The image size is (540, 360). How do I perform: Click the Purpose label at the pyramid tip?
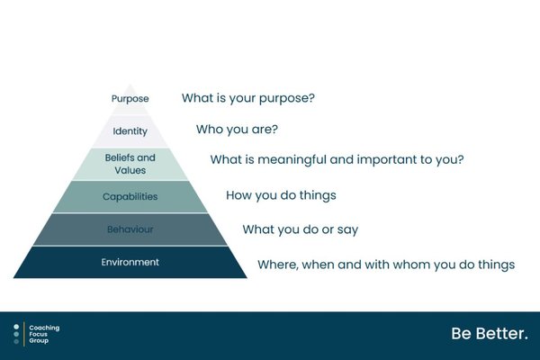(x=130, y=99)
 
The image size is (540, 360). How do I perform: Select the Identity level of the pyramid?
(x=130, y=131)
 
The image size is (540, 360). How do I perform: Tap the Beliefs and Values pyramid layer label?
(x=130, y=164)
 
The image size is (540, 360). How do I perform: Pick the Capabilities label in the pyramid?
(x=130, y=197)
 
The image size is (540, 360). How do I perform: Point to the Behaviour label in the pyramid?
(x=130, y=229)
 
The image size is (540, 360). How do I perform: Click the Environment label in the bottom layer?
(x=130, y=262)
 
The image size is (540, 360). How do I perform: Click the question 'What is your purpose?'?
(x=248, y=98)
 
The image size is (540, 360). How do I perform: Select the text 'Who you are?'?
(x=237, y=130)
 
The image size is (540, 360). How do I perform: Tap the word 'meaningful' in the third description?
(x=292, y=160)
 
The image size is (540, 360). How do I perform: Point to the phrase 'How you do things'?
(x=281, y=195)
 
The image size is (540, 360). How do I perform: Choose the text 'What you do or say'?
(x=301, y=229)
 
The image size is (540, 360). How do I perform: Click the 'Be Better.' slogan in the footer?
(x=490, y=334)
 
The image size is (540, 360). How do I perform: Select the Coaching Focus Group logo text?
(x=44, y=334)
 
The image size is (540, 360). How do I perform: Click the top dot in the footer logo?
(x=16, y=327)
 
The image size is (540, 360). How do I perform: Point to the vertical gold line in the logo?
(x=24, y=334)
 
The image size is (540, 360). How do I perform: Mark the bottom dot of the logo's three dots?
(x=16, y=342)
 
